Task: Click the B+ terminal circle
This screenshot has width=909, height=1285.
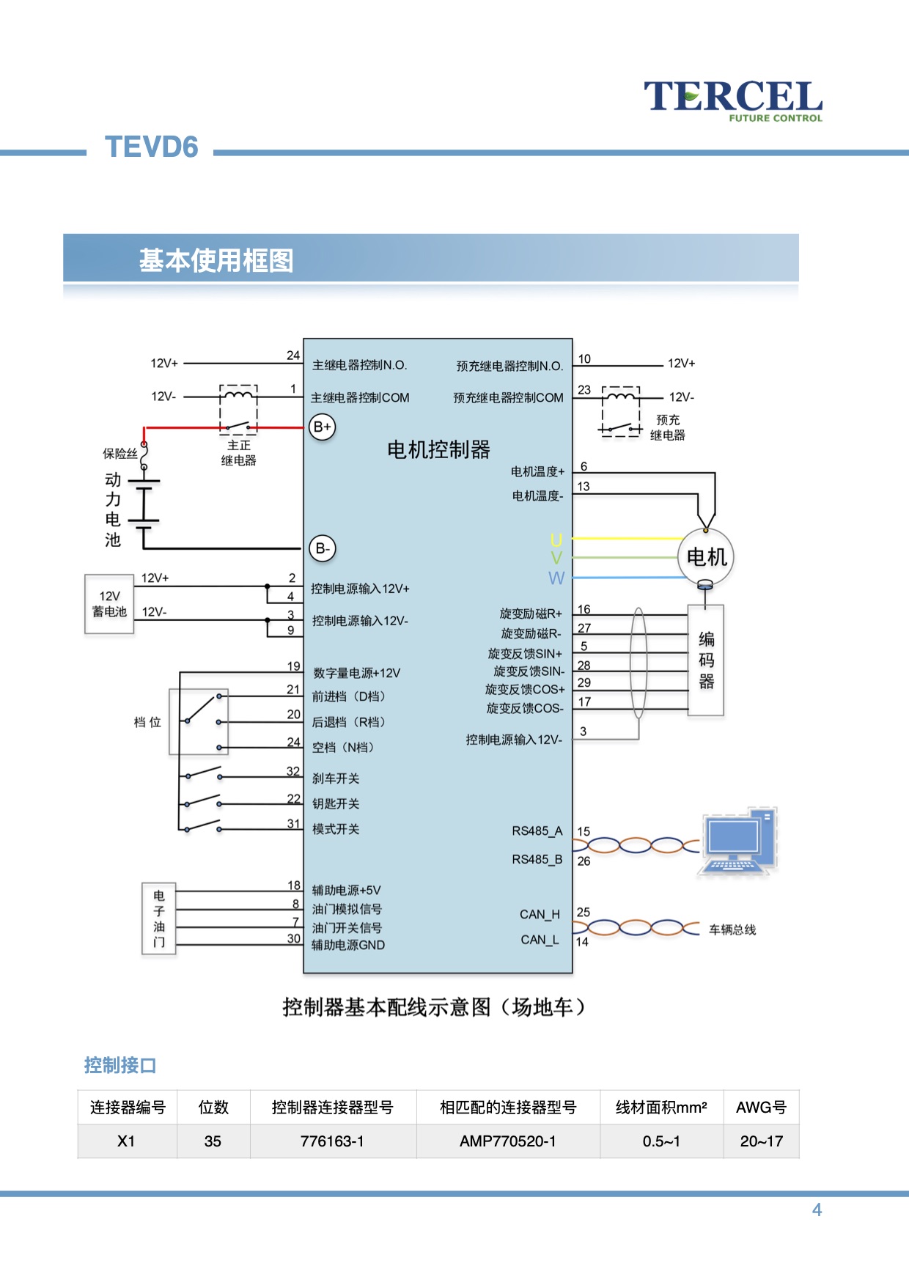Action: click(323, 427)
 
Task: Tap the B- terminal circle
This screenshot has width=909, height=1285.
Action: click(323, 548)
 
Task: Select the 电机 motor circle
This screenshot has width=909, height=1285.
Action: click(706, 557)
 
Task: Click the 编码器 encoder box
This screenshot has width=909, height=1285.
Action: click(706, 660)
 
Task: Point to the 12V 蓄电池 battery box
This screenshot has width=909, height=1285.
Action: click(109, 604)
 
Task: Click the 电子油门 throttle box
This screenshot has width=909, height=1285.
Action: click(158, 918)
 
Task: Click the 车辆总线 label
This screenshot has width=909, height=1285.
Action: click(732, 929)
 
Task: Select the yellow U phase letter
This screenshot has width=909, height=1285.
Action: click(556, 540)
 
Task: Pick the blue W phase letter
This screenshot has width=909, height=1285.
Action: click(556, 578)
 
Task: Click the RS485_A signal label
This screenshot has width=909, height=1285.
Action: click(537, 831)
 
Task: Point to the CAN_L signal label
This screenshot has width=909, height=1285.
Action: click(540, 940)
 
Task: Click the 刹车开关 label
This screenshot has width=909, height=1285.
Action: click(336, 778)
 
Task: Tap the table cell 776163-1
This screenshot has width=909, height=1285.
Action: click(332, 1141)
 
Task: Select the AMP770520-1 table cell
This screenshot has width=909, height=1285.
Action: click(507, 1141)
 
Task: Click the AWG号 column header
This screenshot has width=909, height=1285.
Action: click(761, 1107)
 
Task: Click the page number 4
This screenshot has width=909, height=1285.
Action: click(817, 1210)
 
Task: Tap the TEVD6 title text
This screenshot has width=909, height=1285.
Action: click(152, 147)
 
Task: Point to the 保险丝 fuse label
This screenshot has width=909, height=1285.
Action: click(119, 453)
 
